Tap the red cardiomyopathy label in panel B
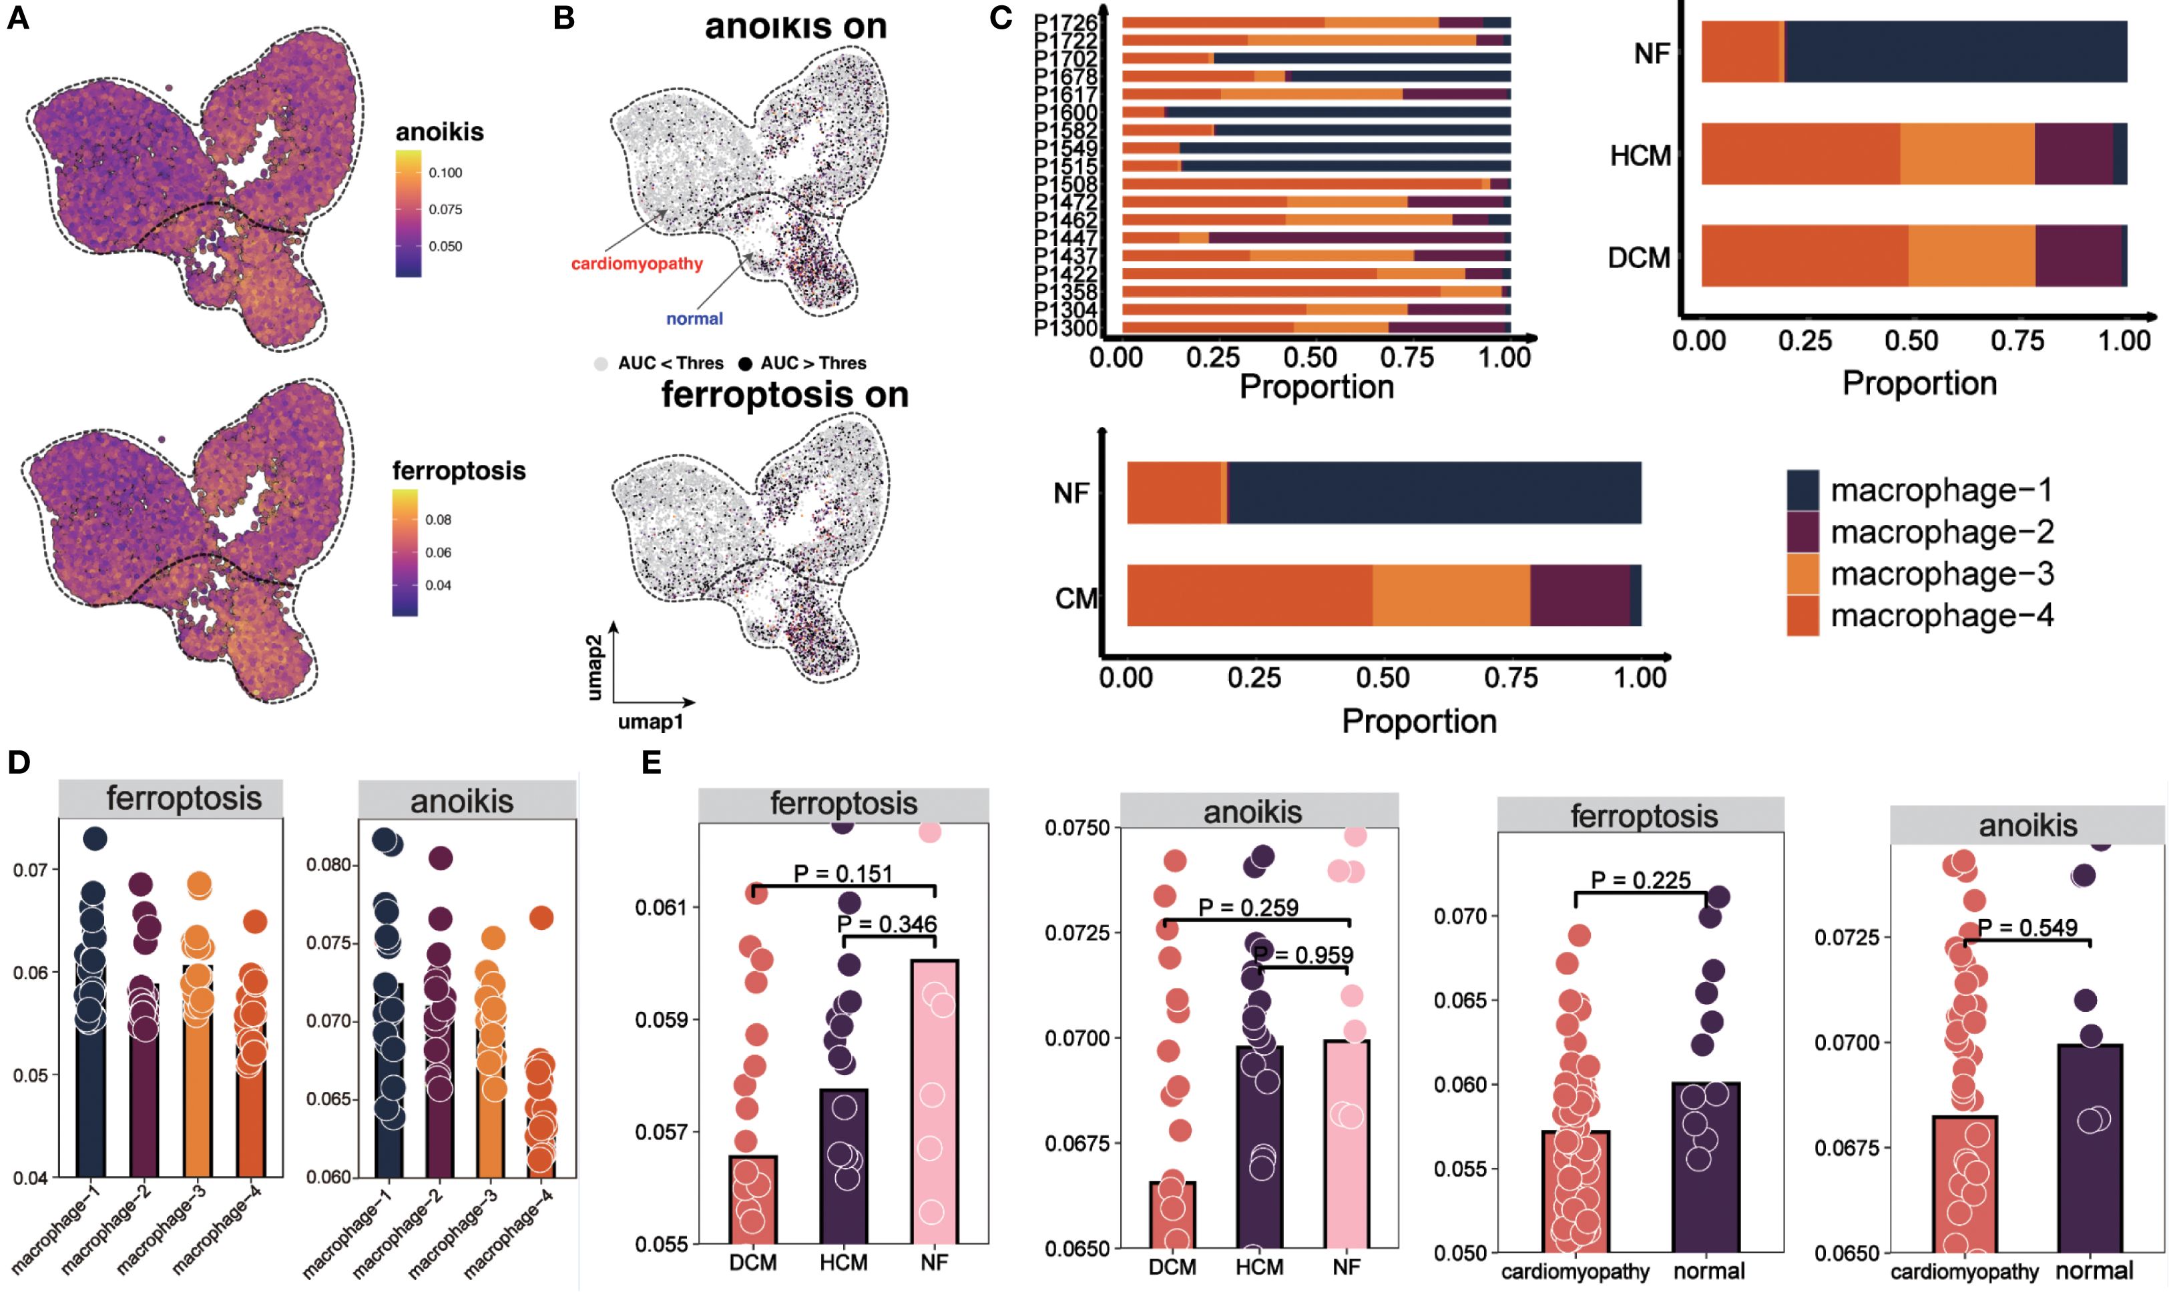coord(637,263)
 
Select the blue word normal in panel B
coord(694,319)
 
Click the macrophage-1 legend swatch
coord(1802,490)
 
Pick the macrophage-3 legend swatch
coord(1802,574)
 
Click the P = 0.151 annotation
coord(843,873)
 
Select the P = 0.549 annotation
coord(2027,927)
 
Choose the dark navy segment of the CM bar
coord(1635,594)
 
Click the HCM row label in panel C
coord(1640,156)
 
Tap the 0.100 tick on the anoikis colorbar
coord(445,172)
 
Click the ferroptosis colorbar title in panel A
coord(459,471)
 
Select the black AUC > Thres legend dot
coord(745,364)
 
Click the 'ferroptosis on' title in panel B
coord(785,394)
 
